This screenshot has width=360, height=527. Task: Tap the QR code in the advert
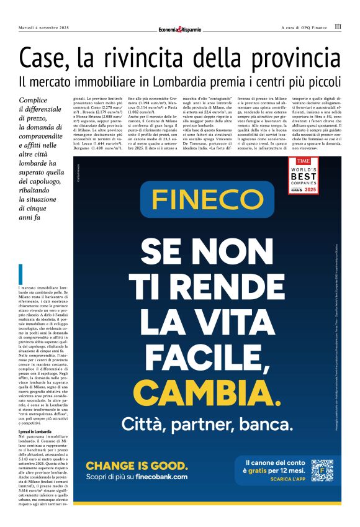[x=322, y=470]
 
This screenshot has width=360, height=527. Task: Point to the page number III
[x=338, y=27]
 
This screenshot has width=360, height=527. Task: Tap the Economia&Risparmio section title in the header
[x=180, y=28]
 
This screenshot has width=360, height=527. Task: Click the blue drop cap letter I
[x=21, y=274]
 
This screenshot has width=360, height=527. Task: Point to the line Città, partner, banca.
[x=207, y=425]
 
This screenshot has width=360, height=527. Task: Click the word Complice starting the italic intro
[x=35, y=99]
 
